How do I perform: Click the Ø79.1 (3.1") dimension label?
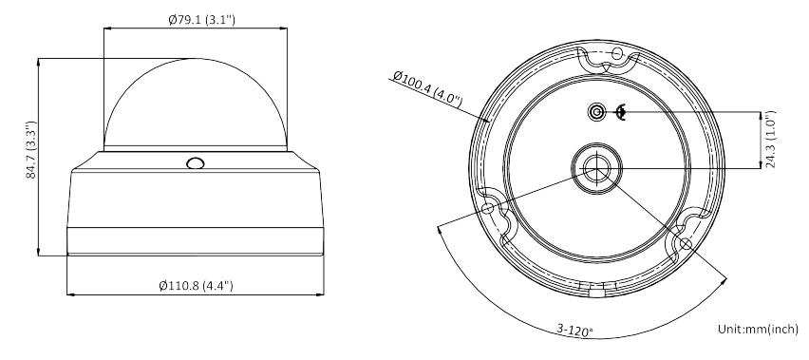point(201,20)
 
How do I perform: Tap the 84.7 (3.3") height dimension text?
point(32,149)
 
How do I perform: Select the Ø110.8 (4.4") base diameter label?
point(196,285)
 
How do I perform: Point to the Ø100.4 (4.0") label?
point(427,88)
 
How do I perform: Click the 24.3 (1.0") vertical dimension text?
point(770,140)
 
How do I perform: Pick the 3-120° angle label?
point(574,331)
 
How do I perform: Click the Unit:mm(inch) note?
point(758,329)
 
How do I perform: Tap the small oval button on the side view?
point(196,163)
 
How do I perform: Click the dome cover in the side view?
point(196,104)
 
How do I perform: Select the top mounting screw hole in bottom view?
point(617,53)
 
